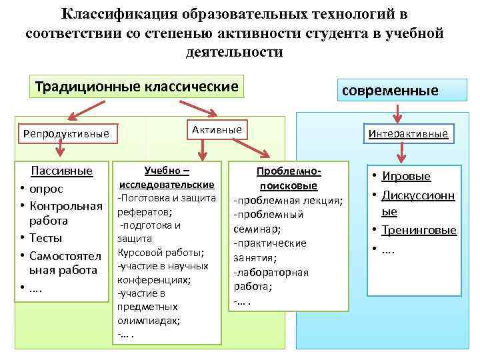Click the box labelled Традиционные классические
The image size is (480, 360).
pos(137,87)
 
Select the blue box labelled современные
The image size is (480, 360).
pos(391,91)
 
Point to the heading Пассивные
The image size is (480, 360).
pos(61,171)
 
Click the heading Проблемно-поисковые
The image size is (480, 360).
pos(288,178)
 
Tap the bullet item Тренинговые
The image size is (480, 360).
pos(419,230)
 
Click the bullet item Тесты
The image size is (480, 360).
pos(45,238)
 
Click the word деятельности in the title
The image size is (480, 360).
pos(233,51)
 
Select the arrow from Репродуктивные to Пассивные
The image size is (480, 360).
pos(59,153)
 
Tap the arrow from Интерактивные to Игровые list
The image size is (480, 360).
pos(401,154)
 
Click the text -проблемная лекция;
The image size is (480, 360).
pos(287,201)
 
